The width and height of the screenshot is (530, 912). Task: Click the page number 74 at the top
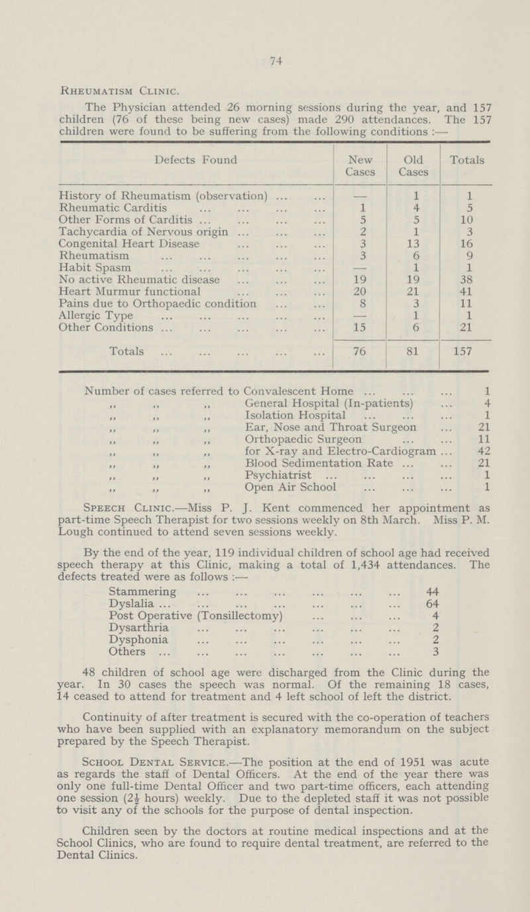tap(264, 58)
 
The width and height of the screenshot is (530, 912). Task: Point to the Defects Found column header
tap(175, 159)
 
